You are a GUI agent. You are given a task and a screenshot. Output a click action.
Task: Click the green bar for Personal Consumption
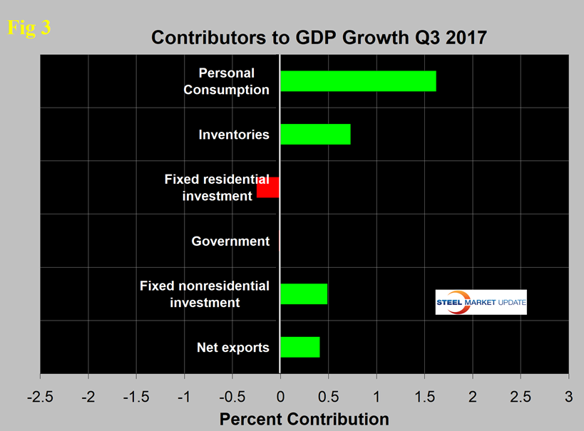[x=357, y=81]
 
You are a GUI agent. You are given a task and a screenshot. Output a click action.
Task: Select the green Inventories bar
[x=314, y=134]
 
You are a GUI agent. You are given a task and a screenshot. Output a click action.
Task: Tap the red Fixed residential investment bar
[x=268, y=187]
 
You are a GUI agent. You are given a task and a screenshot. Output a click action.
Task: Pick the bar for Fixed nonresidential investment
[x=303, y=294]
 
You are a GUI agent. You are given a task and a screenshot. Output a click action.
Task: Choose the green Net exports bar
[x=299, y=347]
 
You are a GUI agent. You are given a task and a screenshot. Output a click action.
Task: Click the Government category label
[x=230, y=242]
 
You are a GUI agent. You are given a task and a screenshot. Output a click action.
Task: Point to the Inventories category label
[x=235, y=134]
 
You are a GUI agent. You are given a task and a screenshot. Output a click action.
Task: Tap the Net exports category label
[x=232, y=348]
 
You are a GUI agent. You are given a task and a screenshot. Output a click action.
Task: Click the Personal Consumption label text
[x=226, y=81]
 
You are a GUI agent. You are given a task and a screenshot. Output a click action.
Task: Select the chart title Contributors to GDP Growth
[x=319, y=38]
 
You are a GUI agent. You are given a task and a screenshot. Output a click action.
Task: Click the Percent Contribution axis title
[x=304, y=419]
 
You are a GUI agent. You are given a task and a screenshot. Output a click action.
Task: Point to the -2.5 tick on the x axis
[x=40, y=395]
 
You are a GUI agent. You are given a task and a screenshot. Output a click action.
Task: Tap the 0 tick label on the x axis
[x=280, y=395]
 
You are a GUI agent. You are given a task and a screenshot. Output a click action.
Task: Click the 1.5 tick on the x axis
[x=424, y=395]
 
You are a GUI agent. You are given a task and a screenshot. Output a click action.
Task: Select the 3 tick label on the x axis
[x=568, y=395]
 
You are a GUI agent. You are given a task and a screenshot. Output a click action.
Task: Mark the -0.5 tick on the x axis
[x=231, y=395]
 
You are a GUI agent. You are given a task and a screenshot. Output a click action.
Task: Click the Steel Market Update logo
[x=481, y=302]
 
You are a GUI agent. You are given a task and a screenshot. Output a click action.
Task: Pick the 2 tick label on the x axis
[x=472, y=395]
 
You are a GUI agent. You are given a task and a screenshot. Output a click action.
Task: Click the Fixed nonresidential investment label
[x=204, y=294]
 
